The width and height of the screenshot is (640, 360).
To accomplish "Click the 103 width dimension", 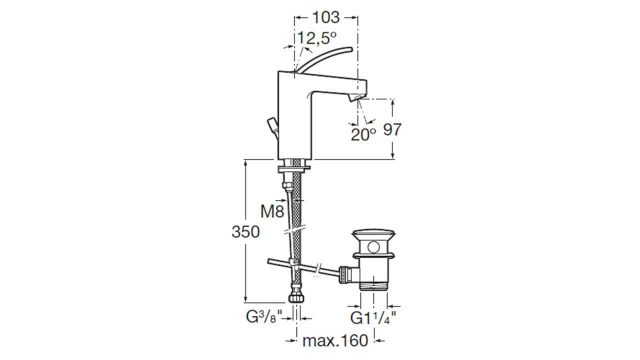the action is coord(326,17).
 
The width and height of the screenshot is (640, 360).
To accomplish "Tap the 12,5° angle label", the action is coord(317,38).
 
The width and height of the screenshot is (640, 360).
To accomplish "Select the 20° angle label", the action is coord(363,134).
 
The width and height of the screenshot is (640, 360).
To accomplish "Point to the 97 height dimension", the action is coord(392,129).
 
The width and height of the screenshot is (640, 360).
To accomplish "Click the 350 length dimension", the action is coord(245,231).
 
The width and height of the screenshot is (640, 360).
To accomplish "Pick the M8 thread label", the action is coord(272,211).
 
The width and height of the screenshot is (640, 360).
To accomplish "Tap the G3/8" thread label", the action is coord(264,317).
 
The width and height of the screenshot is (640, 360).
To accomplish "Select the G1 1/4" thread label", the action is coord(373,317).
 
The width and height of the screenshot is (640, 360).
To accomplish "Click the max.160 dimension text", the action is coord(335,340).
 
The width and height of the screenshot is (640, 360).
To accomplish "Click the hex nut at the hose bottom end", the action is coord(296,298).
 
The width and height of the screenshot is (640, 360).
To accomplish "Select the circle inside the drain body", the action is coord(373,247).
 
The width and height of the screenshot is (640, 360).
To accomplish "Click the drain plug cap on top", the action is coord(373,234).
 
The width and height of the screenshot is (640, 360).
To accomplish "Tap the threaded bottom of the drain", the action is coord(373,285).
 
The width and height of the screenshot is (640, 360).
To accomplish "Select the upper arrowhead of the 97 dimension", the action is coord(393,102).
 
